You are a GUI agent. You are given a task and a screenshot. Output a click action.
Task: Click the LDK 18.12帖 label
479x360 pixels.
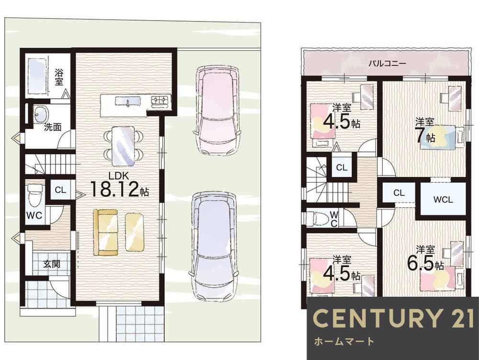click(120, 185)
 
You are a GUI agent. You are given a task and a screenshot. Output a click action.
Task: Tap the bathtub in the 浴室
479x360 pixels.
click(37, 76)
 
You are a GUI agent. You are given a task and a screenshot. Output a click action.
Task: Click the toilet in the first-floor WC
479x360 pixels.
click(34, 194)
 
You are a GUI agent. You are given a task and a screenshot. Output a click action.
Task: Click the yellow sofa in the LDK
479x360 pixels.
click(106, 232)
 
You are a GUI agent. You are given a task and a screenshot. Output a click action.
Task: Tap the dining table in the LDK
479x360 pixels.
click(123, 146)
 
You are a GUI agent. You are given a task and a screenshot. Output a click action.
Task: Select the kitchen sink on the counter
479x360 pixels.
click(128, 101)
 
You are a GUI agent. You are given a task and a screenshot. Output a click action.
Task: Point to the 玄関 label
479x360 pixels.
click(51, 264)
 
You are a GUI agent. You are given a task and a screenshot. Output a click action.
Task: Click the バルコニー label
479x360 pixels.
click(387, 64)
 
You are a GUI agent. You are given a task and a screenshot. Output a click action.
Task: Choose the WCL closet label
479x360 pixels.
click(443, 200)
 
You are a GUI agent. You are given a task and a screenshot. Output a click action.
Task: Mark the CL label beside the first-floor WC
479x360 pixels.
click(60, 190)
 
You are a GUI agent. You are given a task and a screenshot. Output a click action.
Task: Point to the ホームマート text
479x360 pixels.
click(344, 341)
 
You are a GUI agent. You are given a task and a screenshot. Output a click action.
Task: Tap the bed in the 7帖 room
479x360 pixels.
click(442, 137)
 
